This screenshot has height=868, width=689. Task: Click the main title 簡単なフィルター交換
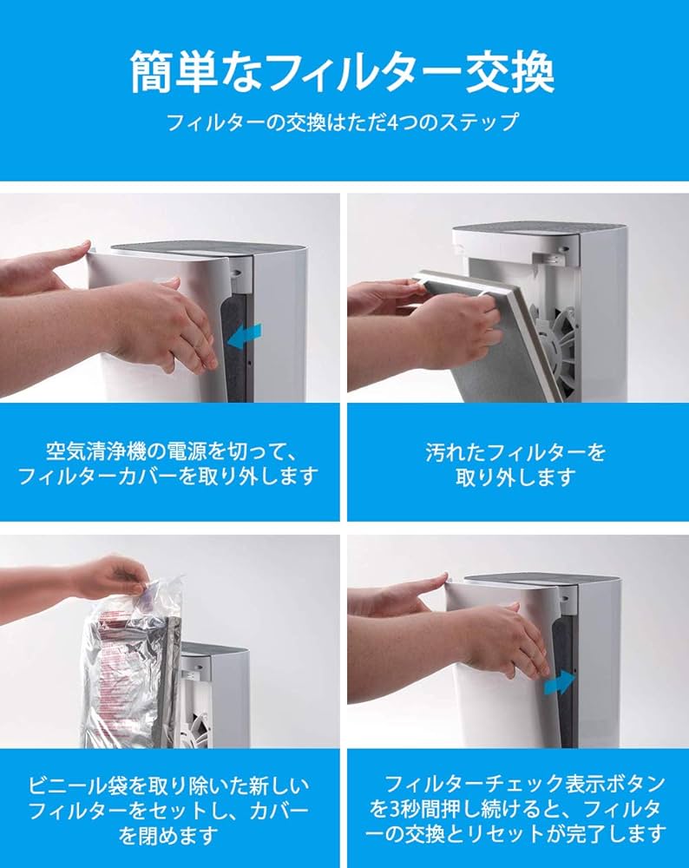coord(342,72)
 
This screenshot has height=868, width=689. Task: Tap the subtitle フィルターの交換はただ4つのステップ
coord(342,122)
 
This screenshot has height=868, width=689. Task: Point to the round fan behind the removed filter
coord(554,343)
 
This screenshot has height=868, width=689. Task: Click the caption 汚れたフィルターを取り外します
coord(515,464)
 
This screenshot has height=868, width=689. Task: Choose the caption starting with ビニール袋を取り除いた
coord(168,811)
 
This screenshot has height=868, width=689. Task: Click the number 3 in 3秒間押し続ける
coord(395,809)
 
